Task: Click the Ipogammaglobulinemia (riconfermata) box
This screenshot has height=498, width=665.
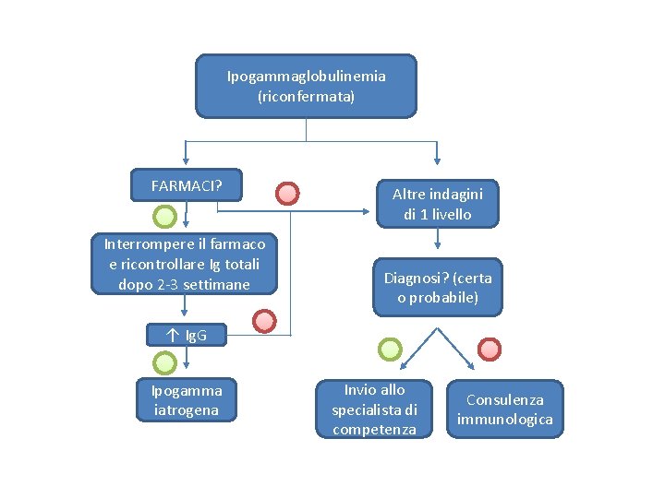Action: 306,86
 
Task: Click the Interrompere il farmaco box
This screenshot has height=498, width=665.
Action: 185,264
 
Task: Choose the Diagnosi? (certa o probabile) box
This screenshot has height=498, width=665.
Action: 438,287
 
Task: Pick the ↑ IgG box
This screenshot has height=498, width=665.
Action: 186,335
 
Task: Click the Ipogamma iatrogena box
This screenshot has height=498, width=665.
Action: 186,400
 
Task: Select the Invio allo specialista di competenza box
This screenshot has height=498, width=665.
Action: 374,409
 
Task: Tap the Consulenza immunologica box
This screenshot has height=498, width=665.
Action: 504,409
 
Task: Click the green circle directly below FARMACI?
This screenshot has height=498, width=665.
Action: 163,218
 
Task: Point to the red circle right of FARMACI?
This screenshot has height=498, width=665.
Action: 288,194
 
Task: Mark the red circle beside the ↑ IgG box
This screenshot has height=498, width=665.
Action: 265,321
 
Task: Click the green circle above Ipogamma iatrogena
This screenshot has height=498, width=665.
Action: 163,362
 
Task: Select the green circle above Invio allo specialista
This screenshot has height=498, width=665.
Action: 391,349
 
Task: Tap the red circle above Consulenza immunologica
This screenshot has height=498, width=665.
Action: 489,349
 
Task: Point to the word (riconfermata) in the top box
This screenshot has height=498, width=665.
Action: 306,96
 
